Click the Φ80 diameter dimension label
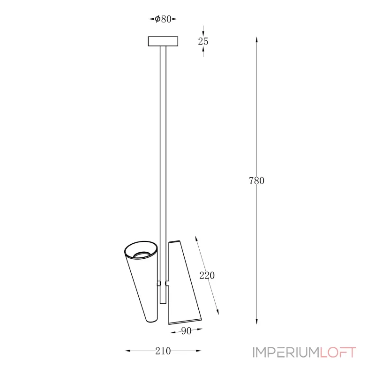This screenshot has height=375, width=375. coord(163,19)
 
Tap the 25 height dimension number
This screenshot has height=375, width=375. coord(203,41)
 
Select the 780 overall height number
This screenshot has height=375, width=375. coord(256,180)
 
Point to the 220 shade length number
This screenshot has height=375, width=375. coord(207,276)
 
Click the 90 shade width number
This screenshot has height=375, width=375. coord(186,331)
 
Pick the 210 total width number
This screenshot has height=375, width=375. coord(163,351)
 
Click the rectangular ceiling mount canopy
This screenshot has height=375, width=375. coord(163,41)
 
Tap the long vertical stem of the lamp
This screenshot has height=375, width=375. coord(163,174)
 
